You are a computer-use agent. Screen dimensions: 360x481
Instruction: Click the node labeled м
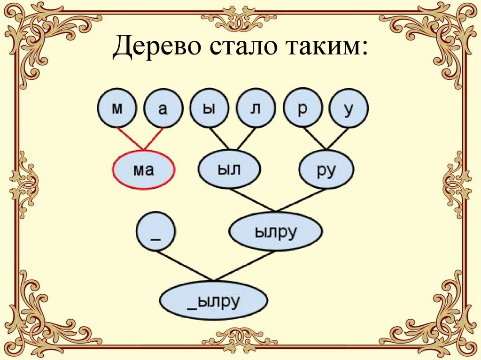117,109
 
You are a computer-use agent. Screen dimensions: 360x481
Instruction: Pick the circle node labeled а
163,109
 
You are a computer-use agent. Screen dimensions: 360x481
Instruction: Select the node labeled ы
209,109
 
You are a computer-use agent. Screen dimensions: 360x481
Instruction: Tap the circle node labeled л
256,109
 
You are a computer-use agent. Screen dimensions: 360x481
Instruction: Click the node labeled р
303,109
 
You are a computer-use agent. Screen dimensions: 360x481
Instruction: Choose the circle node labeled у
349,109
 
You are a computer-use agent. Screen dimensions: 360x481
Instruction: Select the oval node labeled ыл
229,169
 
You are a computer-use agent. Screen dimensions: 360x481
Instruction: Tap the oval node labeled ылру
275,232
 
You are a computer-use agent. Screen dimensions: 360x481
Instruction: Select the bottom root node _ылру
214,300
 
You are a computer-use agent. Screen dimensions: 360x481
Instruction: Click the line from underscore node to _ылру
184,266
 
